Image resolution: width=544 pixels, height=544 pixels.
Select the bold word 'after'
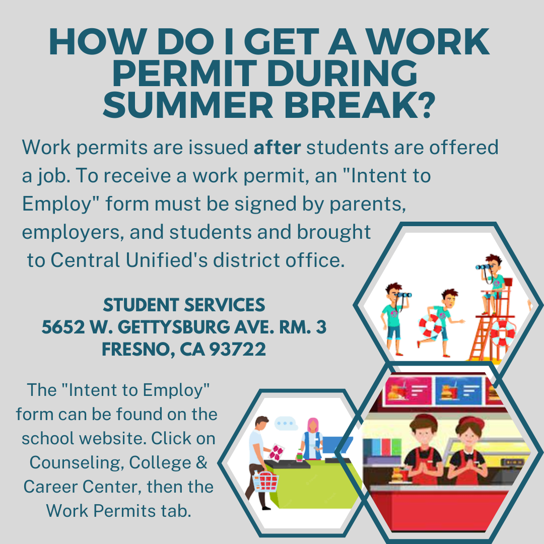(x=277, y=147)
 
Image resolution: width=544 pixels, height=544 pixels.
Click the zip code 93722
(x=238, y=349)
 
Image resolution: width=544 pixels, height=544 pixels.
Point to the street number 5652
(x=63, y=327)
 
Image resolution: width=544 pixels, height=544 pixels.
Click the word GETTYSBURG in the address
(x=173, y=327)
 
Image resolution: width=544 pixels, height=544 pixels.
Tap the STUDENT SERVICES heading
(x=184, y=305)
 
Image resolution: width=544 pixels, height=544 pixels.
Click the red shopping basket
(x=266, y=481)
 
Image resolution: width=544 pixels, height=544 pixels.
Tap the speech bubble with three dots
(x=286, y=423)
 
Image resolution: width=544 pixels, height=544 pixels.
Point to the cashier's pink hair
(x=313, y=425)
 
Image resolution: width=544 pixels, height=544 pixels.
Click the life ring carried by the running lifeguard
(x=430, y=326)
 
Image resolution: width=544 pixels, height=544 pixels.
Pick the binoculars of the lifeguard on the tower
(x=483, y=267)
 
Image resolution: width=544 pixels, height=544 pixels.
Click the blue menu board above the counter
(x=458, y=391)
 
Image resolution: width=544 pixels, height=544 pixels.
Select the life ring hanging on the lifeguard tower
(x=503, y=333)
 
